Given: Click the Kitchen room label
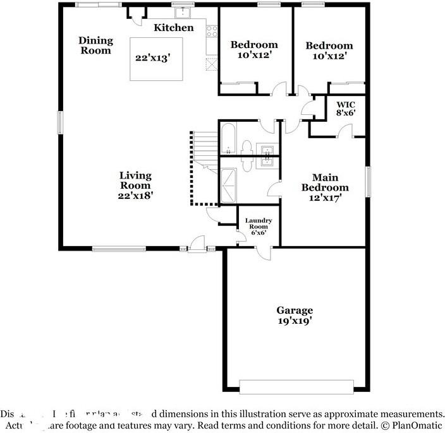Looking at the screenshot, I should click(174, 28).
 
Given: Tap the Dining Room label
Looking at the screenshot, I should click(95, 45).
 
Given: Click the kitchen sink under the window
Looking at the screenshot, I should click(183, 13).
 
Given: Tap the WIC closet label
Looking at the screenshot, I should click(345, 109).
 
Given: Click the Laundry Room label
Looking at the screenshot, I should click(259, 226).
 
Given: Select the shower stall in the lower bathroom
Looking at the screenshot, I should click(228, 183).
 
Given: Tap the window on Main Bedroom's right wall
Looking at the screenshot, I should click(367, 182).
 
